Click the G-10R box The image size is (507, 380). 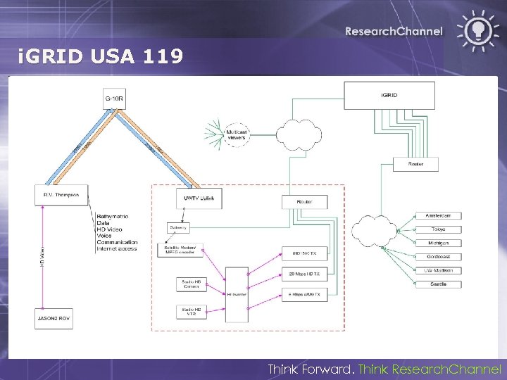[113, 99]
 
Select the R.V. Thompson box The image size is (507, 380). [61, 195]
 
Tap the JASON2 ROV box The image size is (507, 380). [54, 318]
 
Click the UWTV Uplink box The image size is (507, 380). [199, 198]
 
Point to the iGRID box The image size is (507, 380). [389, 95]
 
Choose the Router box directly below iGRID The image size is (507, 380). [415, 163]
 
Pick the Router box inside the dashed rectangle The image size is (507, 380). [304, 202]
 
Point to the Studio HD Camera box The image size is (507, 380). [192, 284]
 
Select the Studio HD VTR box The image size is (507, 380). [192, 311]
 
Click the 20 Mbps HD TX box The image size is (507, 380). [304, 274]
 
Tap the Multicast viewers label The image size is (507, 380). [236, 134]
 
